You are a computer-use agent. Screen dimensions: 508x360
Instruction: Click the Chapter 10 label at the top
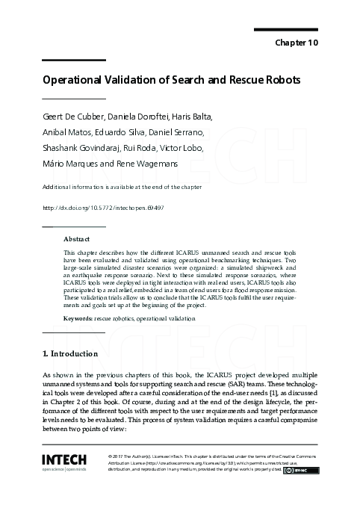pos(297,43)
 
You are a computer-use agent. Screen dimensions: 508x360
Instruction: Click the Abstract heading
pos(76,239)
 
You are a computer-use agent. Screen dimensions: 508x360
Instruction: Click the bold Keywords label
pos(78,318)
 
